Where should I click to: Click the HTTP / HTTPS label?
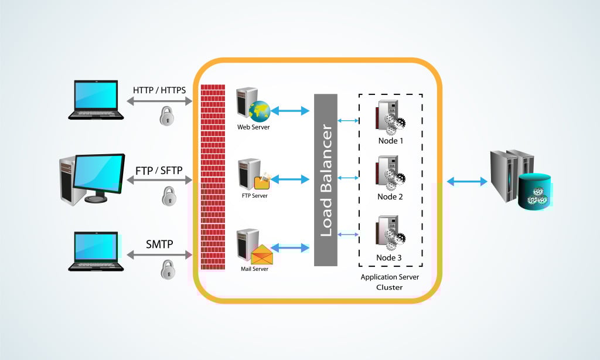[159, 90]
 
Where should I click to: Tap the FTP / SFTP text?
[159, 171]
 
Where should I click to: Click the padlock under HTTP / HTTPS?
[167, 117]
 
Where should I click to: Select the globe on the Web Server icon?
[258, 110]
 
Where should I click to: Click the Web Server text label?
[253, 127]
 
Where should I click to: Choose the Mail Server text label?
[254, 270]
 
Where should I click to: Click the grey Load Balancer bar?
[326, 179]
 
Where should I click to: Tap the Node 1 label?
[390, 141]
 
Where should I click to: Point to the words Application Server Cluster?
[390, 282]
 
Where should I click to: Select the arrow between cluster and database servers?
[467, 182]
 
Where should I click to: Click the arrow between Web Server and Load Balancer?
[290, 110]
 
